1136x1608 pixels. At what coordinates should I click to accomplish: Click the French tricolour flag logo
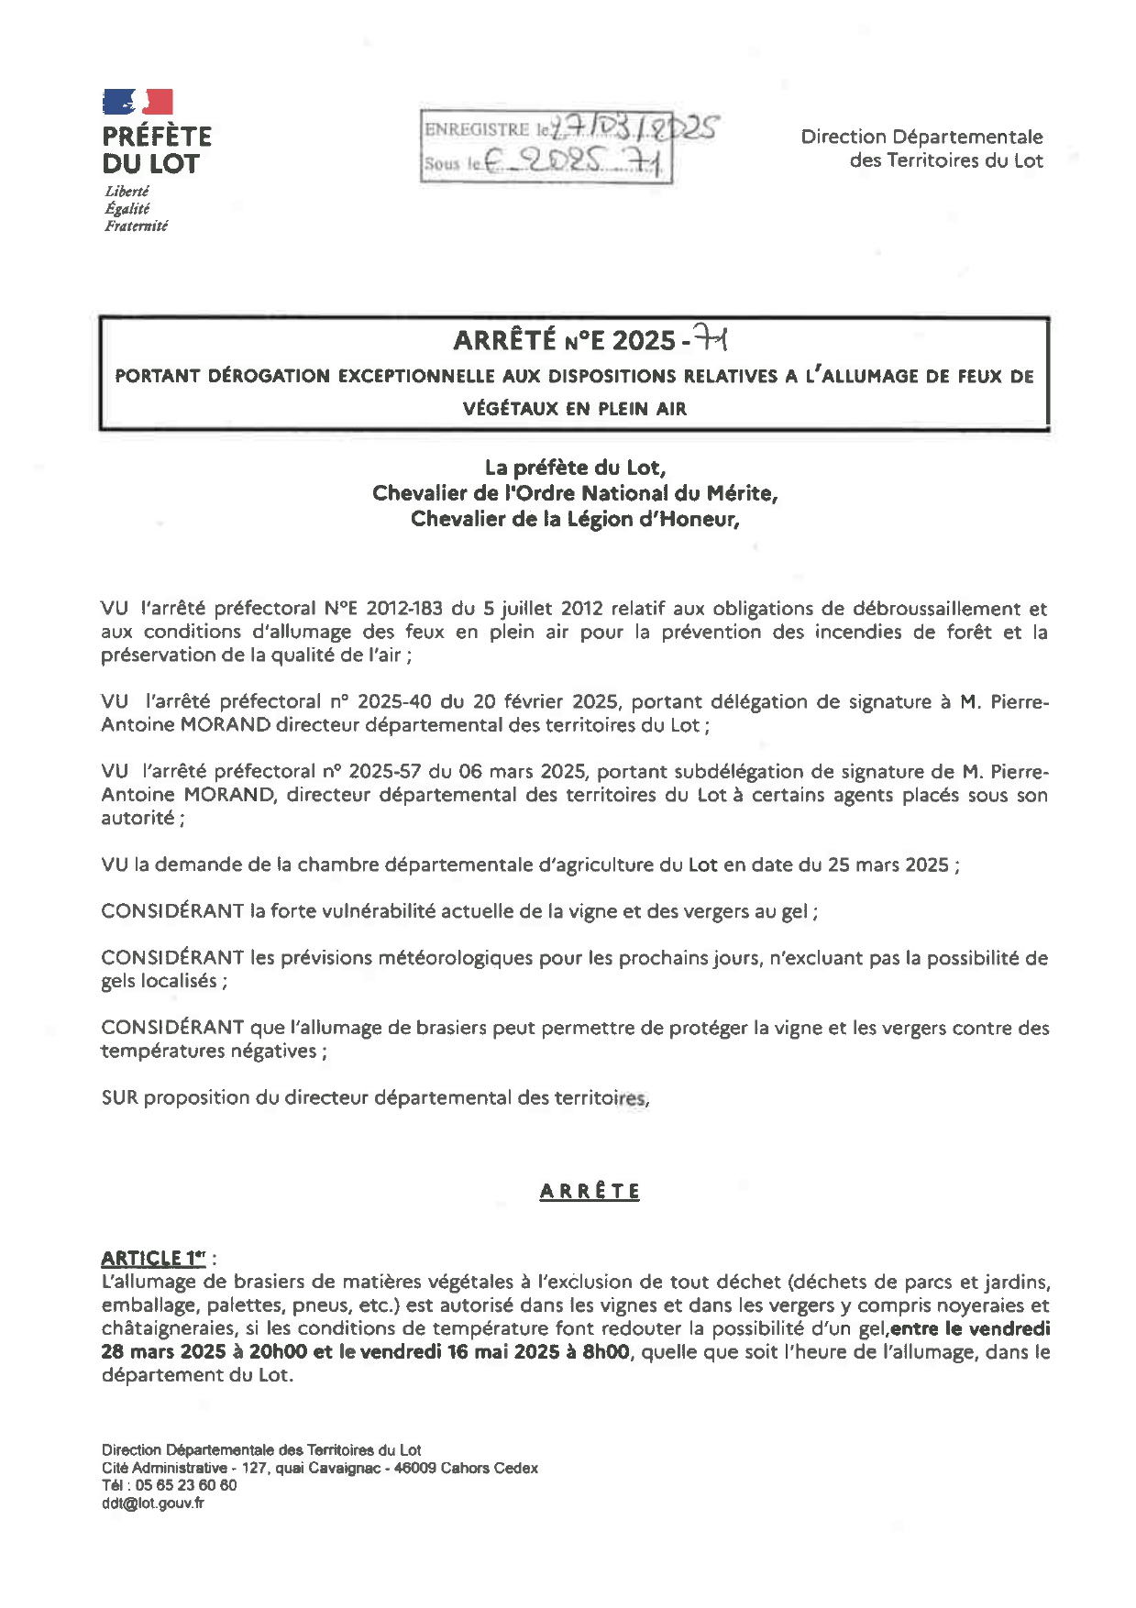[x=138, y=102]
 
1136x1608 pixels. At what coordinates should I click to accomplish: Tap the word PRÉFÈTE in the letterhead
[x=157, y=137]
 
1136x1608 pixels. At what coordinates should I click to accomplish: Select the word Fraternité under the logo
[x=136, y=226]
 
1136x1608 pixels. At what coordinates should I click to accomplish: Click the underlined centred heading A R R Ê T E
[x=590, y=1192]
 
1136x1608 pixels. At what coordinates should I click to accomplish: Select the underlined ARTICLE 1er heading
[x=153, y=1258]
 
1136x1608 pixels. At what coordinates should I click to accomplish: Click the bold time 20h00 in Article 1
[x=276, y=1352]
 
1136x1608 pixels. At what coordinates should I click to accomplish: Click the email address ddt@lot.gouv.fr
[x=153, y=1503]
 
